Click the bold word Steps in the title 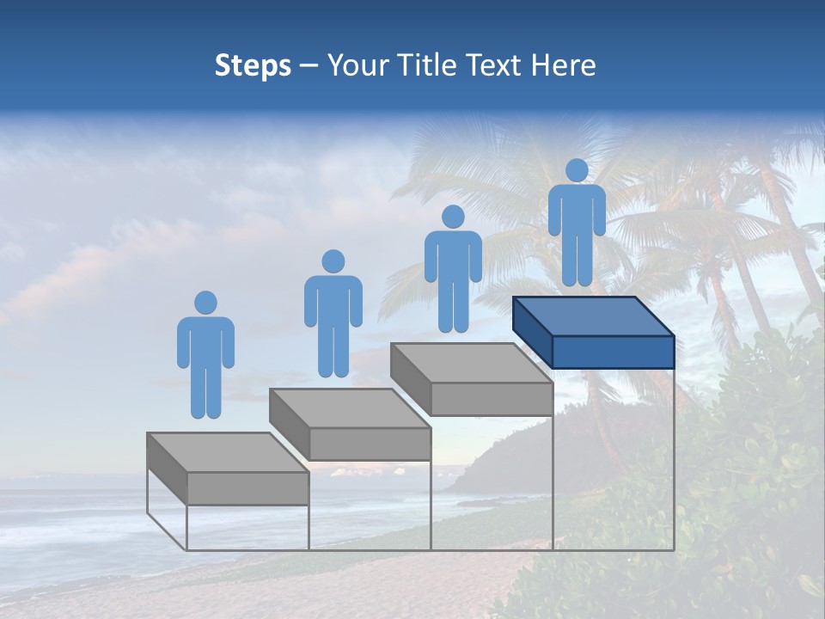[x=253, y=66]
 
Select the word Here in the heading [x=564, y=66]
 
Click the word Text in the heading [x=496, y=66]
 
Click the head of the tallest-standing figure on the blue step [x=577, y=170]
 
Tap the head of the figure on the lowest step [x=205, y=303]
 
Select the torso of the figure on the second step [x=333, y=301]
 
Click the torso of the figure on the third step [x=453, y=256]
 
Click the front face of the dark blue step [x=613, y=352]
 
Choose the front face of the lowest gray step [x=247, y=488]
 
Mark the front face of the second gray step [x=370, y=444]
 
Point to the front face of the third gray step [x=492, y=399]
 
